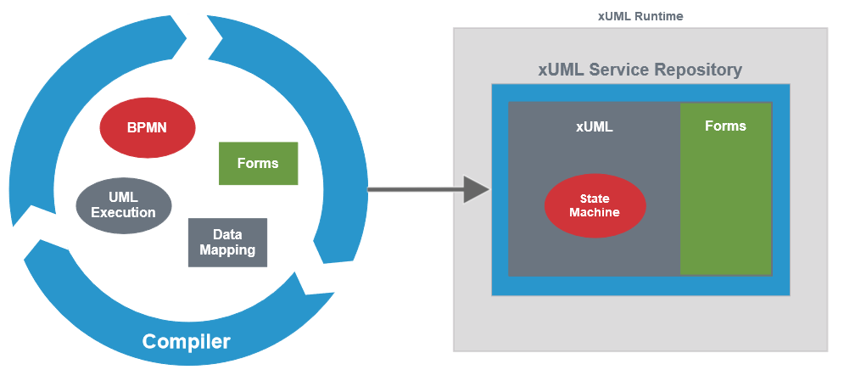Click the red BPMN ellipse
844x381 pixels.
tap(148, 128)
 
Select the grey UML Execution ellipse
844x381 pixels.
tap(124, 205)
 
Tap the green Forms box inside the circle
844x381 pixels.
tap(258, 163)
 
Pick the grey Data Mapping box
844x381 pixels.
tap(227, 243)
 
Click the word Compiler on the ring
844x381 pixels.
tap(186, 342)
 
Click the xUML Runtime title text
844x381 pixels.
tap(640, 16)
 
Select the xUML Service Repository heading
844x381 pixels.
tap(640, 70)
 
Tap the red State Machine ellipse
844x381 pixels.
tap(595, 205)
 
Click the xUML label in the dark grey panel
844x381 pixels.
tap(594, 127)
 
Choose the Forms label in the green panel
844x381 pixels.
tap(725, 126)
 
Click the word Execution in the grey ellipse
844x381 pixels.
tap(124, 212)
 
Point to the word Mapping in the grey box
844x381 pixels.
tap(227, 250)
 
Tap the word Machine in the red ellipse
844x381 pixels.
tap(595, 212)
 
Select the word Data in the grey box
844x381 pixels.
tap(227, 235)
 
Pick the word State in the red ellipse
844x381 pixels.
tap(595, 199)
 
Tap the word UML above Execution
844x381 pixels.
tap(124, 197)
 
